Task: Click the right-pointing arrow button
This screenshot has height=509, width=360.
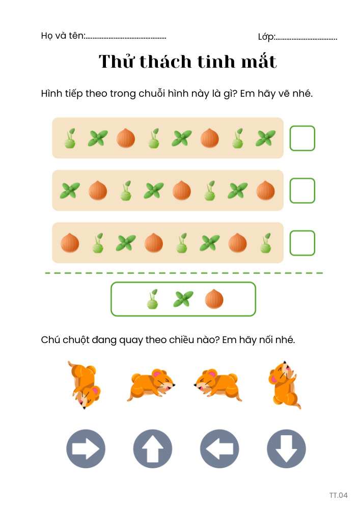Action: point(86,448)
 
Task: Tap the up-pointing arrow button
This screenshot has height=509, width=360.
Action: point(153,448)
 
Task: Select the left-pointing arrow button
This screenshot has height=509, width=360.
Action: point(219,448)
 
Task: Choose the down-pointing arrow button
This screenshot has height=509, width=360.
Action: point(286,448)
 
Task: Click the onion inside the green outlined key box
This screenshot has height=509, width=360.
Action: point(214,299)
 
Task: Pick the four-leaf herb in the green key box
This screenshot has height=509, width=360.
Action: point(183,299)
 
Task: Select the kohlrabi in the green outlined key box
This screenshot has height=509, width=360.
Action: point(153,299)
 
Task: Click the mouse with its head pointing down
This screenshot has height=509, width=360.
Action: point(85,385)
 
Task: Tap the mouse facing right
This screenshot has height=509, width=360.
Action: point(151,385)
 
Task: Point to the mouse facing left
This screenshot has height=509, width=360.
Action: point(218,385)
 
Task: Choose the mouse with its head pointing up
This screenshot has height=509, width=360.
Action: point(285,385)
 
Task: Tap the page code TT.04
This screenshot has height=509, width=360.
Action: point(338,495)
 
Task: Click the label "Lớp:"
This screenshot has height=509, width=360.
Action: point(266,37)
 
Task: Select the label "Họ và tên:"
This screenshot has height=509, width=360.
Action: point(63,36)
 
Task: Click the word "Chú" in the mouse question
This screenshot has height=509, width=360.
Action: point(50,340)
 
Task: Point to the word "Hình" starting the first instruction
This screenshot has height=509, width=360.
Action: point(51,94)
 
